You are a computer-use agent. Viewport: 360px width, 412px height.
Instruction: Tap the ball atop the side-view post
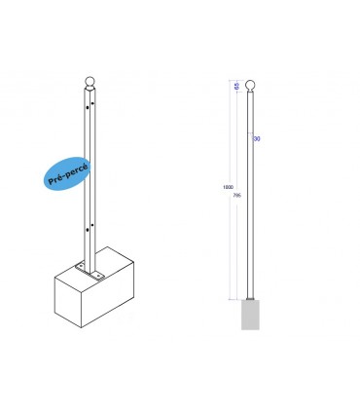coord(250,84)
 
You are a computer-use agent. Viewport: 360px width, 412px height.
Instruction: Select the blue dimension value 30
coord(256,139)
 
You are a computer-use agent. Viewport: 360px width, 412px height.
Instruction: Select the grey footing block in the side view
coord(251,316)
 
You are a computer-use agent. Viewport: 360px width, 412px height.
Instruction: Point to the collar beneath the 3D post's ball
coord(89,93)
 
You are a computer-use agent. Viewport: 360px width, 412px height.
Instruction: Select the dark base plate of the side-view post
coord(251,298)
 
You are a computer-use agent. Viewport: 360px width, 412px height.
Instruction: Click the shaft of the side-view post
coord(250,195)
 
